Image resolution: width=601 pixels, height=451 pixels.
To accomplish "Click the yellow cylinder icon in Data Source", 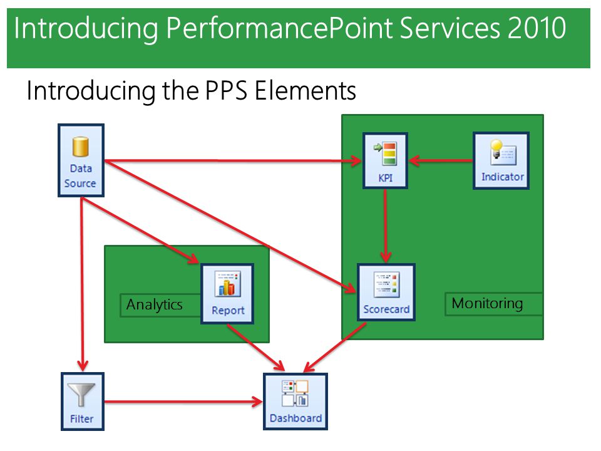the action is click(81, 147).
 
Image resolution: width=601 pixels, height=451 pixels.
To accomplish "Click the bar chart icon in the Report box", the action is click(228, 284).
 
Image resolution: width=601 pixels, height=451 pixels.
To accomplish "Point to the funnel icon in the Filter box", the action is click(81, 395).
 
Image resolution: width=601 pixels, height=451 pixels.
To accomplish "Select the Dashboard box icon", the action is click(295, 393).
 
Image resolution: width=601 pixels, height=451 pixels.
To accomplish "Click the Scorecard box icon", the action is click(386, 284).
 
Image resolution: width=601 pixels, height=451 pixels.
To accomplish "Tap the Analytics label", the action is click(155, 305).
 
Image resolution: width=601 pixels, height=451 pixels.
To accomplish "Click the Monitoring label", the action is click(487, 303).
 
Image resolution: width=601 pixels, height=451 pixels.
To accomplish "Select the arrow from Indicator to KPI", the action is click(441, 160).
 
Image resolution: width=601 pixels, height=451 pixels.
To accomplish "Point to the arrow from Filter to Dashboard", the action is click(183, 402).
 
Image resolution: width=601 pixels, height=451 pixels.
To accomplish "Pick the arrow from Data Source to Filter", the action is click(81, 284).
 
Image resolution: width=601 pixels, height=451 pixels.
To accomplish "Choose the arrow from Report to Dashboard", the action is click(256, 348).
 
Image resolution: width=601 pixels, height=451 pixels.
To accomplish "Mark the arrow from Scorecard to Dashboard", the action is click(334, 348).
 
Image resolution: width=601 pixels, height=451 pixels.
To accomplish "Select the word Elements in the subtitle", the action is click(305, 91).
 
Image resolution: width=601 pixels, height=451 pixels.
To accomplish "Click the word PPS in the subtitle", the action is click(226, 91).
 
